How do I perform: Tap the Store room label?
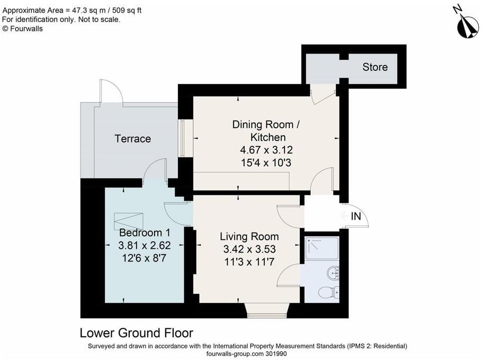[x=375, y=67]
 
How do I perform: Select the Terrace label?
[x=133, y=139]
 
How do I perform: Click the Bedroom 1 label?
[x=145, y=233]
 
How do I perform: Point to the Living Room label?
[x=249, y=236]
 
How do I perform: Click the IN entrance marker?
[x=356, y=216]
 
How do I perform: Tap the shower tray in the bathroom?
[x=321, y=248]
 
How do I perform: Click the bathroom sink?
[x=333, y=274]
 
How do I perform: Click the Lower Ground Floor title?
[x=136, y=333]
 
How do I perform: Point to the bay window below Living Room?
[x=267, y=312]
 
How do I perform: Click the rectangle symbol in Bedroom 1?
[x=129, y=220]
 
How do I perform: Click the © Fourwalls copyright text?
[x=23, y=29]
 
